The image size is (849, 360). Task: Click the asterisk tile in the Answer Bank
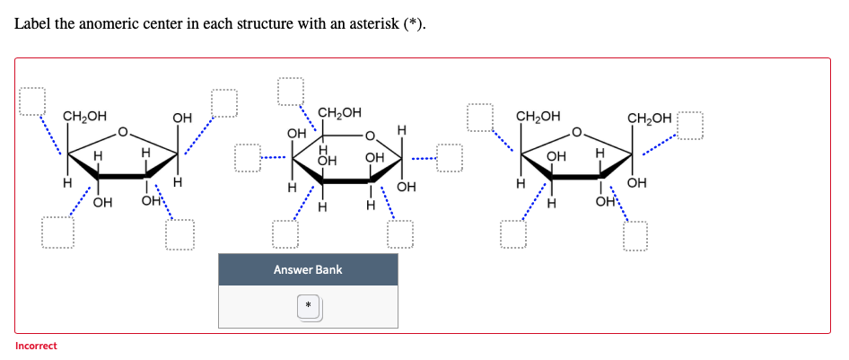pyautogui.click(x=308, y=307)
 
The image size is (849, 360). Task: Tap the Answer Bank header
pyautogui.click(x=308, y=269)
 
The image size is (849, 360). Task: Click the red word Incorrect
pyautogui.click(x=36, y=346)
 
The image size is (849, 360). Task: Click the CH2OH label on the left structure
pyautogui.click(x=84, y=117)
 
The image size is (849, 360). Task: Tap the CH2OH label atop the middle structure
pyautogui.click(x=340, y=113)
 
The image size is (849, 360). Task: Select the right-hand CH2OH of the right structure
pyautogui.click(x=649, y=118)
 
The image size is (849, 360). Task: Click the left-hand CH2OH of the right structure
pyautogui.click(x=538, y=117)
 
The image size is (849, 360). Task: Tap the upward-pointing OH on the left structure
pyautogui.click(x=182, y=118)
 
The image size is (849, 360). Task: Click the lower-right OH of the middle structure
pyautogui.click(x=406, y=187)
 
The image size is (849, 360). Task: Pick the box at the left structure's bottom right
pyautogui.click(x=179, y=235)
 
